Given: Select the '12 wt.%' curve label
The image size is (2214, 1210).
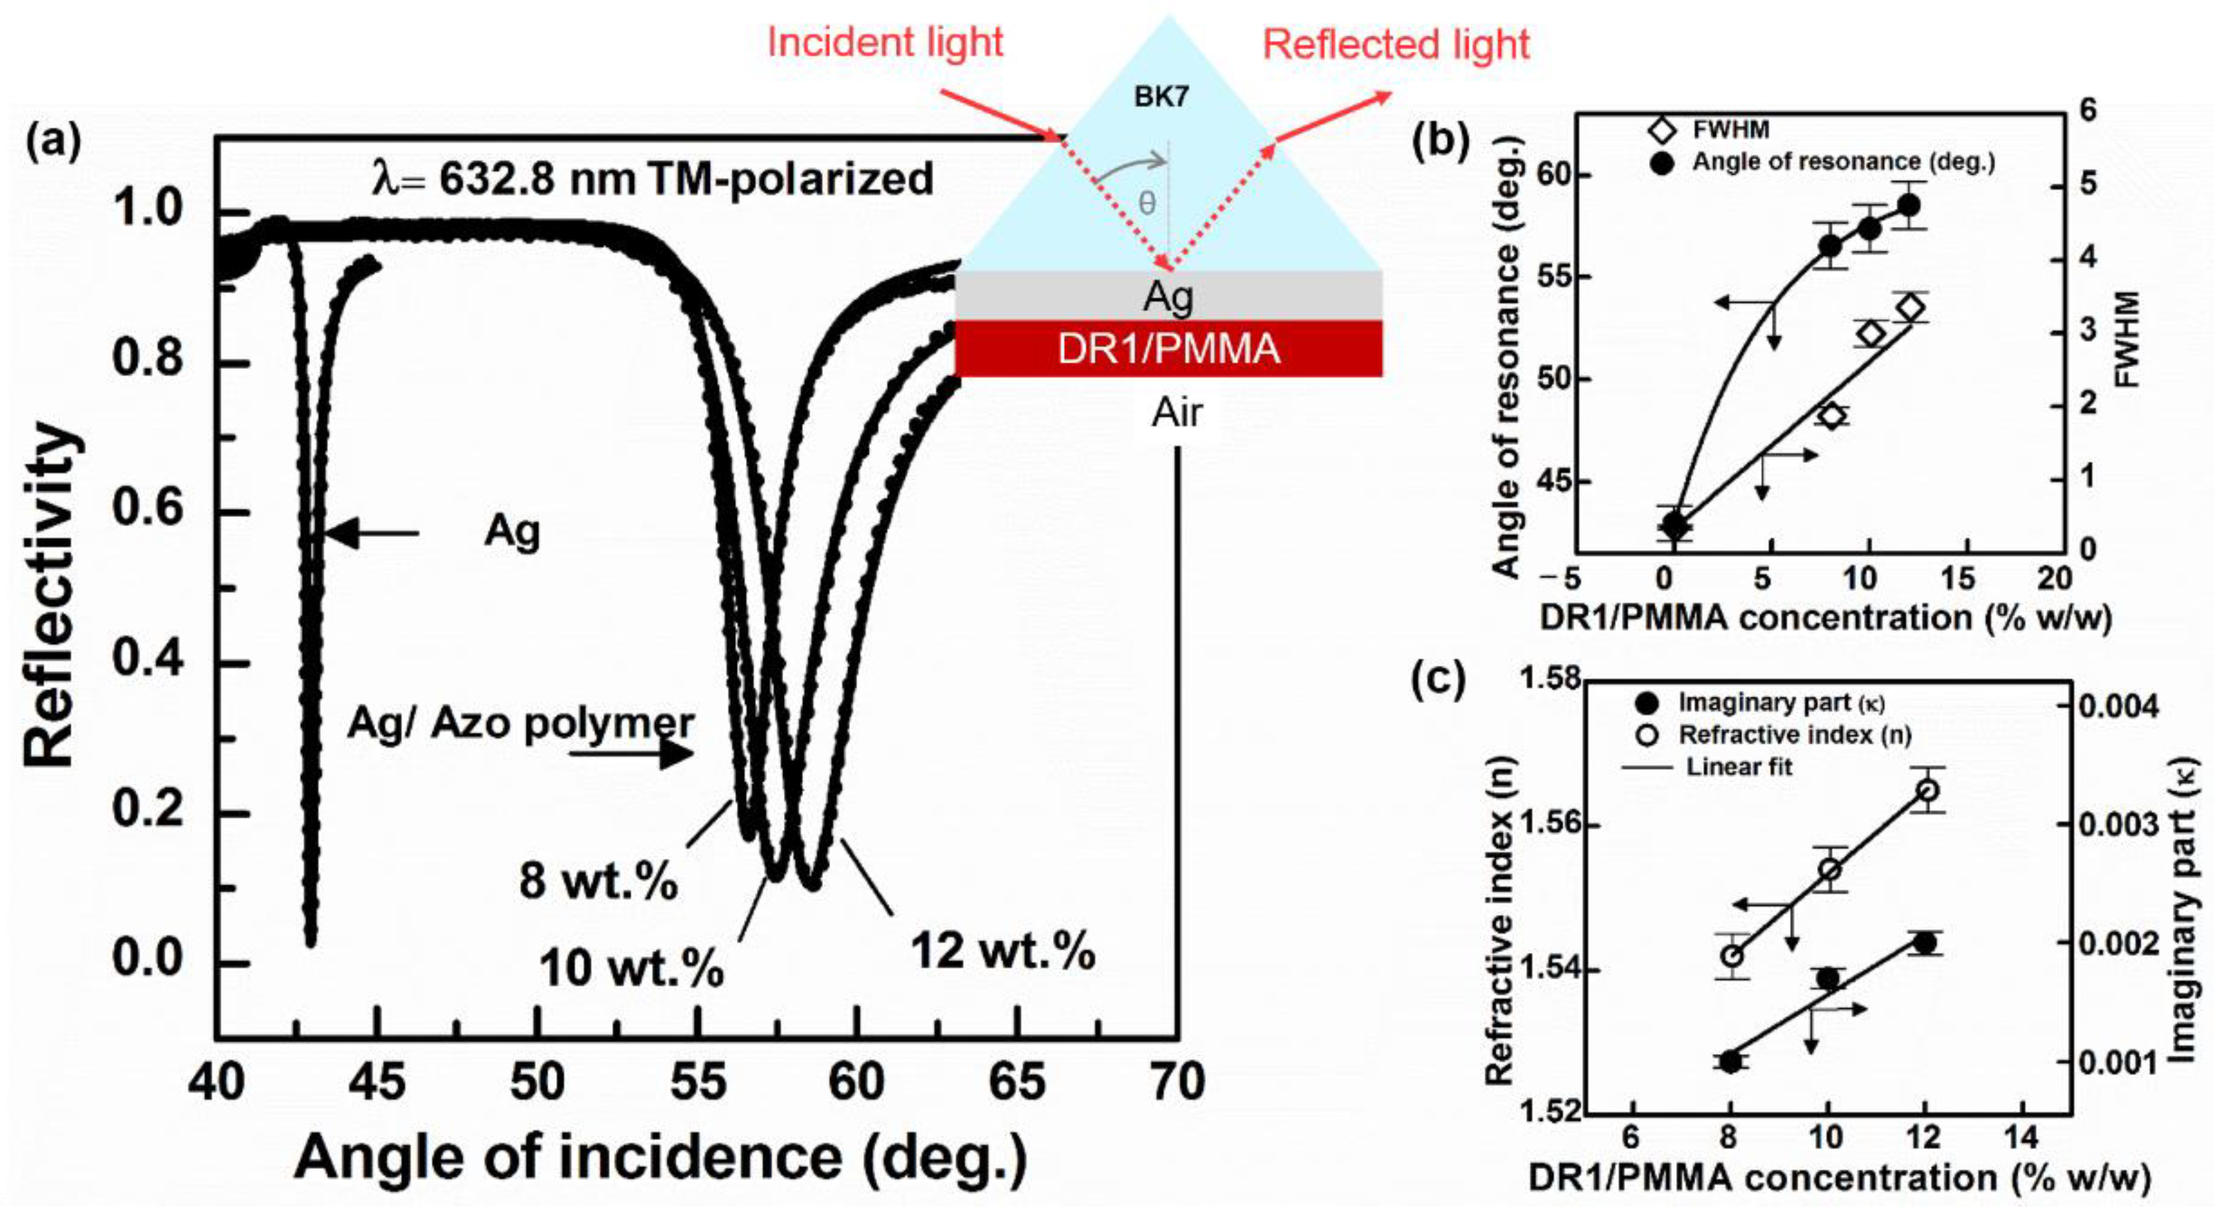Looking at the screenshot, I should (x=1002, y=951).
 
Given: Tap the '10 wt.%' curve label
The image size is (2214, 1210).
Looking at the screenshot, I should (x=631, y=969).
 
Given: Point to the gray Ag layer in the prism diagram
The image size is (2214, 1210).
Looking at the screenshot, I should (x=1168, y=296).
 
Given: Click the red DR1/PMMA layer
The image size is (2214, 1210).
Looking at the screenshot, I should (x=1168, y=349).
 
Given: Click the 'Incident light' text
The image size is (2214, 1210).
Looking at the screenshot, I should (x=884, y=42).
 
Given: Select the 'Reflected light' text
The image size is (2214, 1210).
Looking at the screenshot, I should (x=1396, y=45).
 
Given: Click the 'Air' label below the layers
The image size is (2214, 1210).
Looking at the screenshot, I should (x=1177, y=413).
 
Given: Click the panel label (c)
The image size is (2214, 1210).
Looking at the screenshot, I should (x=1439, y=679).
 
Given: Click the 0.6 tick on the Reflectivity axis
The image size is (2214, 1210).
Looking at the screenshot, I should (x=147, y=512).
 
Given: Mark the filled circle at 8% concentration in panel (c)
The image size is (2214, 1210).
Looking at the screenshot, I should (x=1729, y=1061).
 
